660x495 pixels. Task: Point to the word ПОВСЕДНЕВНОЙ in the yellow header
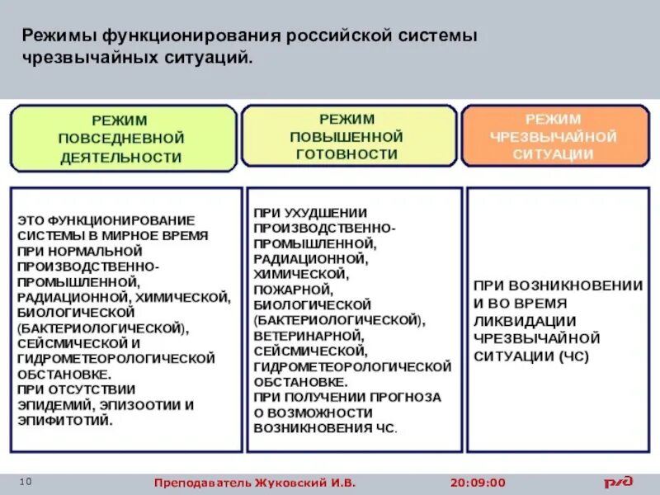pos(121,138)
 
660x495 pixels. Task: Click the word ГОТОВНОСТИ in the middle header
pos(346,154)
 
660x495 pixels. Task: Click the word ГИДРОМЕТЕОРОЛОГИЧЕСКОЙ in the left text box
pos(116,358)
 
